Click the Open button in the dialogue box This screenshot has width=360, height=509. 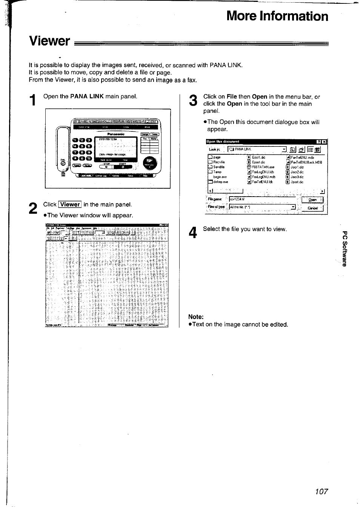click(312, 200)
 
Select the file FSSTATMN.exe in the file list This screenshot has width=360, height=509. click(263, 167)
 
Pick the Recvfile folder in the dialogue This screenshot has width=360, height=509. click(218, 162)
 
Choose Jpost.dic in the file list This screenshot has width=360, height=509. click(297, 181)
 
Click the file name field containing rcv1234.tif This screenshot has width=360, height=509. click(262, 200)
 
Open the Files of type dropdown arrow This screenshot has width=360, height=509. click(293, 207)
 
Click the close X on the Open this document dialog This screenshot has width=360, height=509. click(325, 142)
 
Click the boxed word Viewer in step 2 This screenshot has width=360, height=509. click(70, 205)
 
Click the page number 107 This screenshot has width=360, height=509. click(321, 492)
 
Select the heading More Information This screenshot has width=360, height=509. click(277, 16)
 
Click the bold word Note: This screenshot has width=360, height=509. click(196, 317)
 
